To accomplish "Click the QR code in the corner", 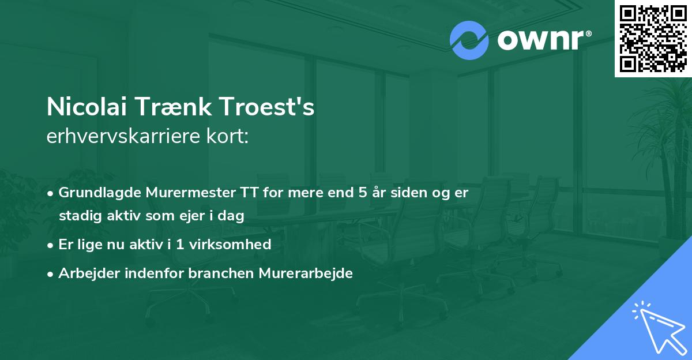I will click(x=653, y=38).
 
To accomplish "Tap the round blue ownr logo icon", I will click(x=469, y=40).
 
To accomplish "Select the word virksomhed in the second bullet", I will click(x=236, y=245).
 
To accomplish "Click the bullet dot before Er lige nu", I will click(x=51, y=245).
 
